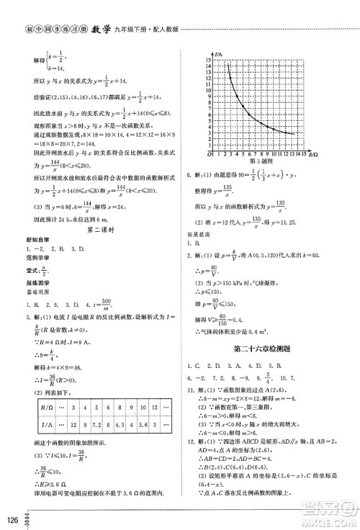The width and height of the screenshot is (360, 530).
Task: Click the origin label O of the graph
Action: pos(206,153)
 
